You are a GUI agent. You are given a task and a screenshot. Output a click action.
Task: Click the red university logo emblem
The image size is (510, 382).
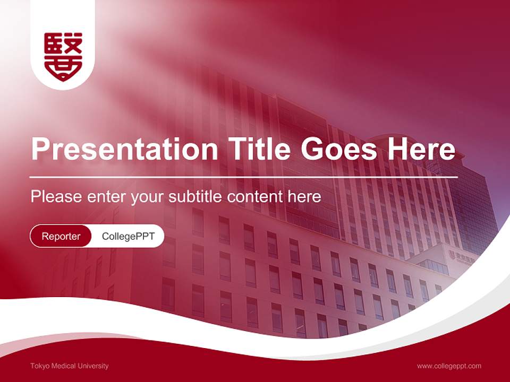(63, 56)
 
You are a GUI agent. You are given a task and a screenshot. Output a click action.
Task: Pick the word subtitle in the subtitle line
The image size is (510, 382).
(195, 197)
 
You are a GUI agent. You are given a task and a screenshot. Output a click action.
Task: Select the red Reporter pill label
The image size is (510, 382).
(61, 236)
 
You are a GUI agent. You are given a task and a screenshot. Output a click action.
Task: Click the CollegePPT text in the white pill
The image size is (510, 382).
(128, 236)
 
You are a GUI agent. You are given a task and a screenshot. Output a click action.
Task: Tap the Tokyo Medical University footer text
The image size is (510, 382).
(70, 366)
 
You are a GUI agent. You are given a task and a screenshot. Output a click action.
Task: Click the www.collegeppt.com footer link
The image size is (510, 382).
(449, 366)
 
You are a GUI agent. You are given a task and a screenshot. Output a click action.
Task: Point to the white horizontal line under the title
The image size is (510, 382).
(244, 177)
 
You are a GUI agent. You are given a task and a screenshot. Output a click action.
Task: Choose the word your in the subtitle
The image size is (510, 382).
(148, 197)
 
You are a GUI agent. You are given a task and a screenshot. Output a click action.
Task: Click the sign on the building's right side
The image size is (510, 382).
(463, 256)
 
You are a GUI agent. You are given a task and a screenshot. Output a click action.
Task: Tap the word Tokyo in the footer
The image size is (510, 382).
(39, 366)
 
